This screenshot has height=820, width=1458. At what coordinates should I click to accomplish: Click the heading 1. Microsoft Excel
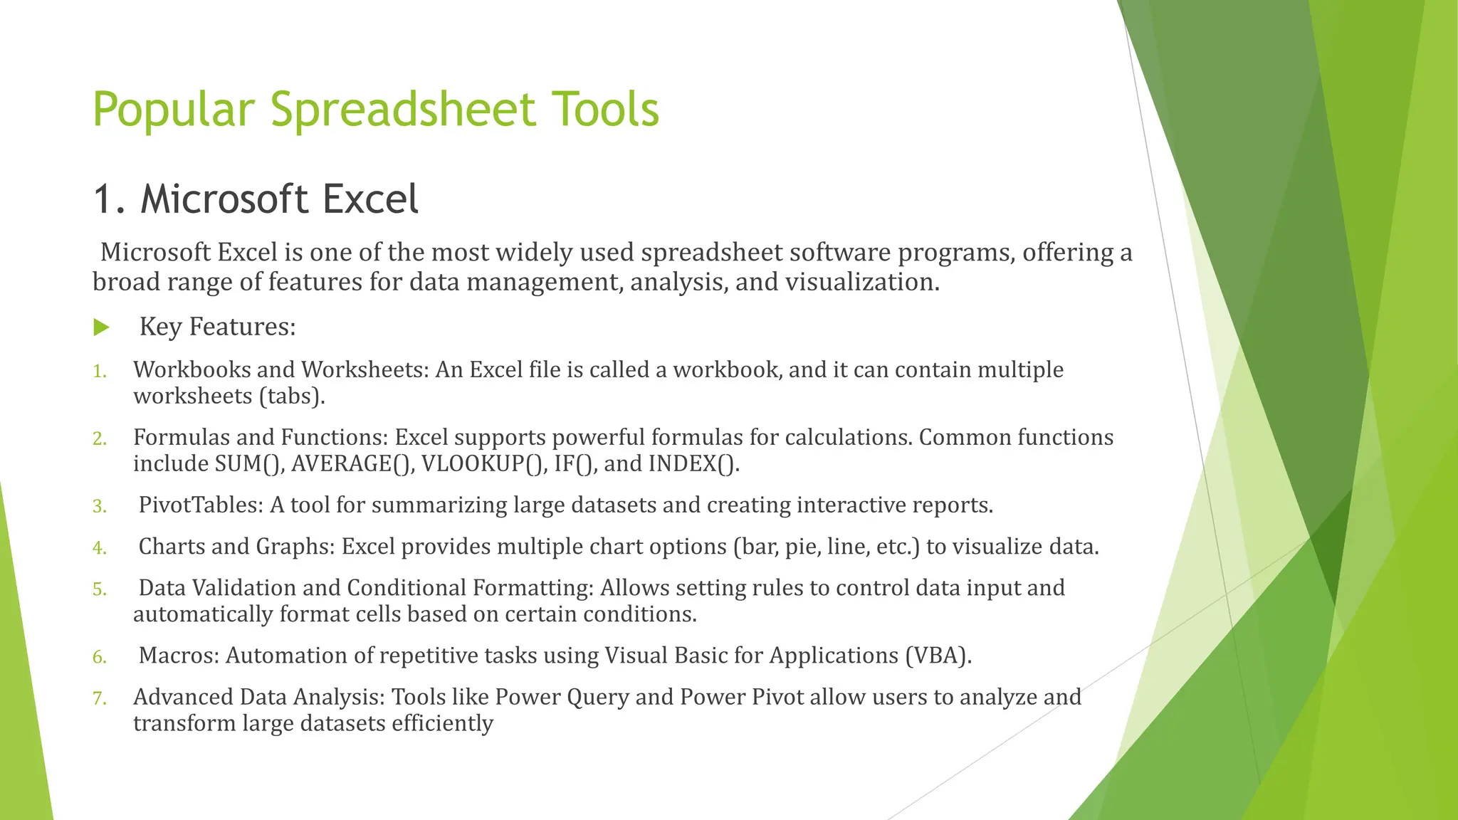[x=256, y=199]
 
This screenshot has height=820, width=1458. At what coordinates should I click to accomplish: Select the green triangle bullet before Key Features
[x=101, y=327]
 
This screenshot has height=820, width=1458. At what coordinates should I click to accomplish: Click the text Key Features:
[x=217, y=327]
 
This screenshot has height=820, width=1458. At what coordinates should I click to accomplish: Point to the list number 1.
[x=100, y=371]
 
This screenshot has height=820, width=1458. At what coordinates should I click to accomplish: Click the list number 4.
[x=100, y=547]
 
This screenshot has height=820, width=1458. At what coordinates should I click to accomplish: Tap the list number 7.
[x=100, y=698]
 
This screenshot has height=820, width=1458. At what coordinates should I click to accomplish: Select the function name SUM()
[x=249, y=463]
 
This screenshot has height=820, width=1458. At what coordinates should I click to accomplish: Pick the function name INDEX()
[x=693, y=463]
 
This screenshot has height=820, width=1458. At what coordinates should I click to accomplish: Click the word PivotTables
[x=201, y=505]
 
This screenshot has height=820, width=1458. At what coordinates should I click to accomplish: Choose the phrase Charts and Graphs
[x=236, y=546]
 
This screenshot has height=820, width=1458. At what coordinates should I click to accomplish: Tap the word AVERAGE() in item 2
[x=352, y=463]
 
